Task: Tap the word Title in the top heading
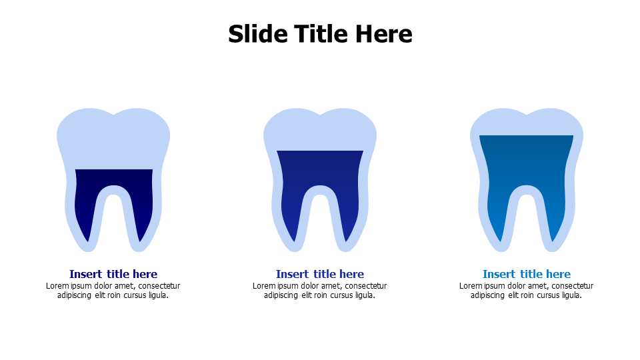(321, 33)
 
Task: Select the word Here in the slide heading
(383, 33)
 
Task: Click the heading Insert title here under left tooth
(113, 274)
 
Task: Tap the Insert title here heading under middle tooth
(319, 274)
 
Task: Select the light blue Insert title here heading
(527, 274)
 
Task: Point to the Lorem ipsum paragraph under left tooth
(113, 290)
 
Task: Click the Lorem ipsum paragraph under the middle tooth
(319, 290)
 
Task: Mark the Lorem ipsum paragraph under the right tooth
(526, 290)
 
